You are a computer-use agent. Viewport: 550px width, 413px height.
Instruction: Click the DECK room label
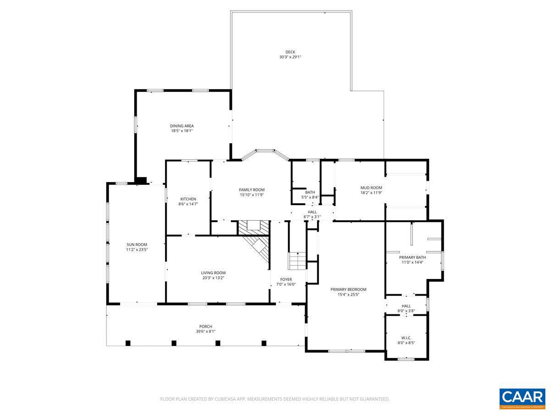tap(290, 52)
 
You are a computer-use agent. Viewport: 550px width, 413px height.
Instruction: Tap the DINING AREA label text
tap(181, 126)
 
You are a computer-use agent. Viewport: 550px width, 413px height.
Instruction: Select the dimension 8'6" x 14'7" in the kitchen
tap(188, 204)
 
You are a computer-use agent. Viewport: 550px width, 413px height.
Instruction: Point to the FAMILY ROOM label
tap(252, 190)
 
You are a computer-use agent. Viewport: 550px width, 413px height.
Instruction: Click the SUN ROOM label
tap(137, 245)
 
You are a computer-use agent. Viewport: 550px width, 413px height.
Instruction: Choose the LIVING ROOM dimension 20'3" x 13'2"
tap(213, 278)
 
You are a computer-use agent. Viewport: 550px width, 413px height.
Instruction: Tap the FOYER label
tap(286, 279)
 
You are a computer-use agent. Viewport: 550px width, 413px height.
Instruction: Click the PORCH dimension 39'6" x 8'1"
tap(205, 331)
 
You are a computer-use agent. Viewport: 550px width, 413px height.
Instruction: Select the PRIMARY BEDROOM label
tap(348, 289)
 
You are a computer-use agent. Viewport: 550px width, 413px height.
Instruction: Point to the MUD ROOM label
tap(371, 188)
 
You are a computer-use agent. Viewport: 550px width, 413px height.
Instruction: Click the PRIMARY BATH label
tap(412, 257)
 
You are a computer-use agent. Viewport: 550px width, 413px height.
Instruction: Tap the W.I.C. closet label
tap(406, 338)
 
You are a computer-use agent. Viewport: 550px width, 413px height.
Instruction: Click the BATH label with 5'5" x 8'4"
tap(310, 192)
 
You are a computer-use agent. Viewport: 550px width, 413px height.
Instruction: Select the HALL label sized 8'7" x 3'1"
tap(312, 212)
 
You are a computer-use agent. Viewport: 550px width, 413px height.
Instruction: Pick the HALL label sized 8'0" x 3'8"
tap(406, 306)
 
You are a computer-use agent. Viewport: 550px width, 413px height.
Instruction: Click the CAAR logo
tap(522, 398)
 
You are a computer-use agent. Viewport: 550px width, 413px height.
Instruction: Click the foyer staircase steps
tap(297, 262)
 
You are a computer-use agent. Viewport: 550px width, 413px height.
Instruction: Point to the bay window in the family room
tap(265, 151)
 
